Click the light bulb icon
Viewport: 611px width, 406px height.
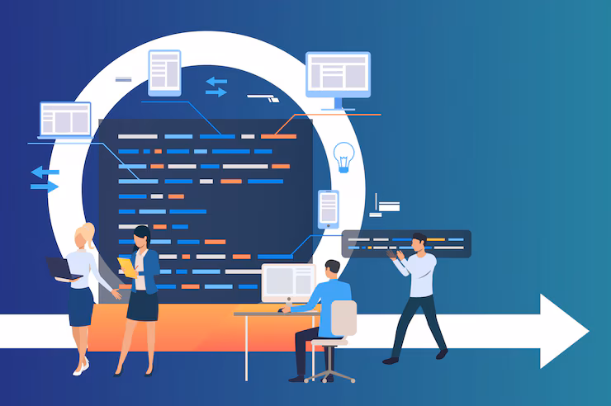(343, 155)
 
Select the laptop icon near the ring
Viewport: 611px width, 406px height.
(64, 120)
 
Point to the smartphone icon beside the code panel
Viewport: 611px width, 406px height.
(328, 207)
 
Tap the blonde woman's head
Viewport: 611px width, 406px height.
(86, 238)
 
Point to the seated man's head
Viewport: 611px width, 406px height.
(331, 269)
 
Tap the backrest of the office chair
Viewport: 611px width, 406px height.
(343, 319)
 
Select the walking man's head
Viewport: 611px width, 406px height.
(419, 241)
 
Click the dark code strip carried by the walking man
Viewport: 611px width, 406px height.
(405, 243)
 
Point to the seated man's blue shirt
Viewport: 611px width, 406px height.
(332, 295)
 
